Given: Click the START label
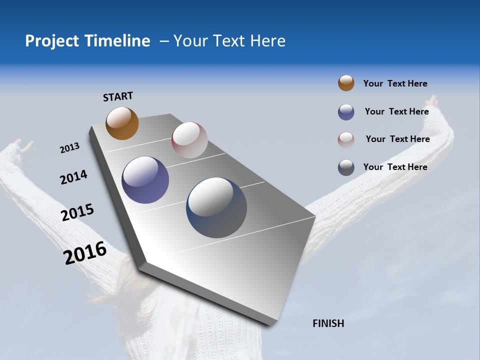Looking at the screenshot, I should tap(118, 96).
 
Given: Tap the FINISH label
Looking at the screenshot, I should tap(328, 323).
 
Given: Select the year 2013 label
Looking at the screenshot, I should tap(69, 148).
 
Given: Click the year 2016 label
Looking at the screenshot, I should tap(85, 253).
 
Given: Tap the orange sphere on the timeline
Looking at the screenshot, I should tap(122, 123).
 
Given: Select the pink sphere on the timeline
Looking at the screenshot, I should tap(189, 140).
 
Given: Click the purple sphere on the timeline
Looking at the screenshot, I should tap(145, 180).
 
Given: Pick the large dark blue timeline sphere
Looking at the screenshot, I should tap(216, 207).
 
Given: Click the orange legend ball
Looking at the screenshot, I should tap(346, 83).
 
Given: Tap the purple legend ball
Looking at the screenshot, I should tap(346, 112).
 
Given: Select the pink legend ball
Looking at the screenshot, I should tap(346, 140).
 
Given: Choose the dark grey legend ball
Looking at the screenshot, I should tap(346, 167).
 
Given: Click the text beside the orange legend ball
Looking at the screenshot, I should tap(395, 84).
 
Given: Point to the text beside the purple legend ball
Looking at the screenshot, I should tap(396, 111).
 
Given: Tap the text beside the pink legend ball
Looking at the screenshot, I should tap(397, 139).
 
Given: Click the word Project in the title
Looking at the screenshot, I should tap(51, 41).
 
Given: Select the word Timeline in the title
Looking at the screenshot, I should tap(117, 41).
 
